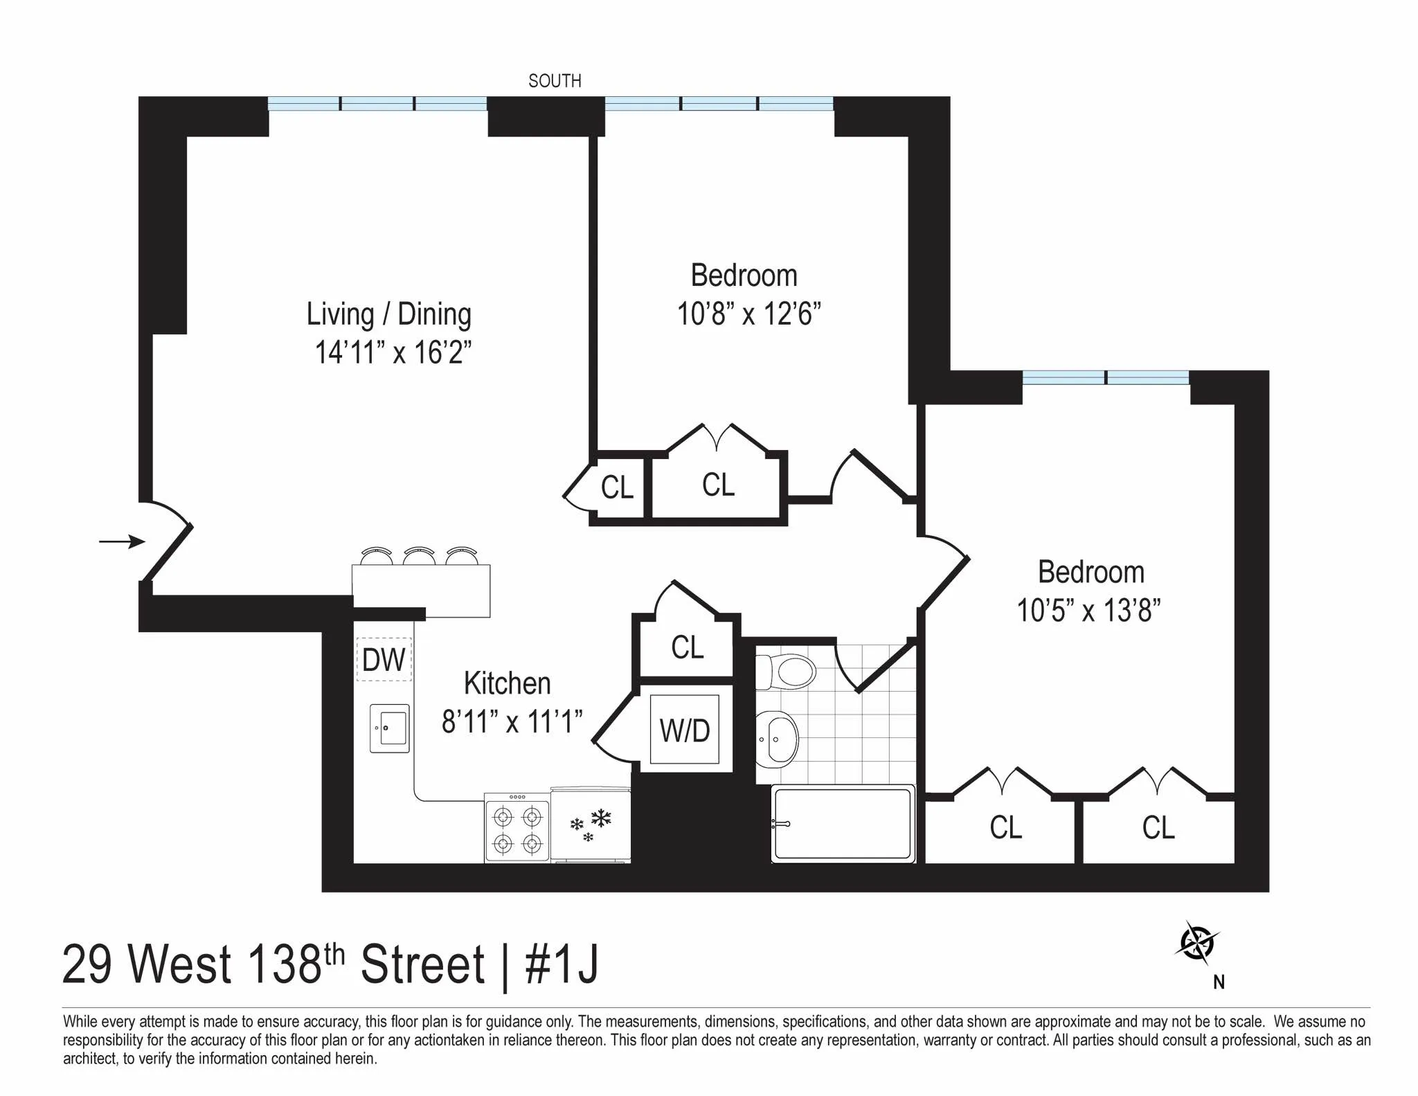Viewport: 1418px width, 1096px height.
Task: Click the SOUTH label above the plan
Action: (x=555, y=81)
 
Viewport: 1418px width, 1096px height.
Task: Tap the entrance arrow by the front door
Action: (x=122, y=541)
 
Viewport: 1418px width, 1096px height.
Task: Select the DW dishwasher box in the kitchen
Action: (x=384, y=660)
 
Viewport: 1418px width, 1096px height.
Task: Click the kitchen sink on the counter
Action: (x=390, y=728)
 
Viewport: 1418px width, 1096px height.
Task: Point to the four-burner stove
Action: (x=517, y=829)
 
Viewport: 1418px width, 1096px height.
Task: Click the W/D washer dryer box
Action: (x=685, y=730)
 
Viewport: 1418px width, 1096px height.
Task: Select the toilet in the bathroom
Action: (x=789, y=671)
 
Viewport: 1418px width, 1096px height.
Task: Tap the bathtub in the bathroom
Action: (x=843, y=823)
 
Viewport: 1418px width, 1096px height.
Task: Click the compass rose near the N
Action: (x=1197, y=943)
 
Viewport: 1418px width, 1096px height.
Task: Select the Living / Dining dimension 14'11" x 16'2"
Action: (x=393, y=352)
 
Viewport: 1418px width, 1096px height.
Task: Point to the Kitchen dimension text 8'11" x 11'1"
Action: (x=512, y=722)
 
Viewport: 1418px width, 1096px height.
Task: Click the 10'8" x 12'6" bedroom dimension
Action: (x=748, y=314)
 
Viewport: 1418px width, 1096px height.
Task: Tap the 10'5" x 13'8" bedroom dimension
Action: (x=1088, y=611)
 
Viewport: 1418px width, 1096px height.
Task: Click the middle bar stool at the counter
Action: (x=419, y=556)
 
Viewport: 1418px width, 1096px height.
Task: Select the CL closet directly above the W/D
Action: (x=687, y=647)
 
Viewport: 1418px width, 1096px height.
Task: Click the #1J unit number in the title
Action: (x=562, y=964)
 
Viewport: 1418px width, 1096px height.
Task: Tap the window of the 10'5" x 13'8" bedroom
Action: (x=1106, y=378)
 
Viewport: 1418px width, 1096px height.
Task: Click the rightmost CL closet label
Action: (x=1158, y=827)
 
